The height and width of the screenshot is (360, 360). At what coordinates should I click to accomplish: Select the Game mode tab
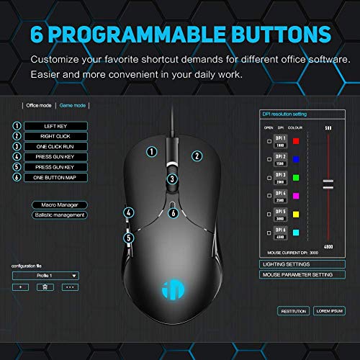(x=73, y=105)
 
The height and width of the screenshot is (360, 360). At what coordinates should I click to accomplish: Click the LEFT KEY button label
(x=55, y=125)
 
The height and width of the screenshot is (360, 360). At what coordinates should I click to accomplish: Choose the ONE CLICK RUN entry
(x=55, y=146)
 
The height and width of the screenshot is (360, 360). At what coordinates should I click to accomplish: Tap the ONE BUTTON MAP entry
(x=55, y=177)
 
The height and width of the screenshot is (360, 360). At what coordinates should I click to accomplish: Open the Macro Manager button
(x=60, y=205)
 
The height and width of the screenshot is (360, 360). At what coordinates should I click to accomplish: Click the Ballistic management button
(x=60, y=215)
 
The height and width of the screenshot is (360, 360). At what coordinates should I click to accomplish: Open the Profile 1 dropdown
(x=47, y=275)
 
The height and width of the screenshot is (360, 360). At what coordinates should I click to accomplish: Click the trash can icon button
(x=44, y=287)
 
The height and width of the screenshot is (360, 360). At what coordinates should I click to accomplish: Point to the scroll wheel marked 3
(x=172, y=179)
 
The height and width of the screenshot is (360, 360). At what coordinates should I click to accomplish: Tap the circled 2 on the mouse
(x=195, y=154)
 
